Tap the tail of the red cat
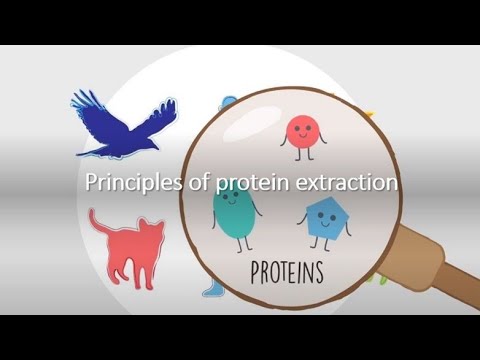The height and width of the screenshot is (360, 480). [95, 222]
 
